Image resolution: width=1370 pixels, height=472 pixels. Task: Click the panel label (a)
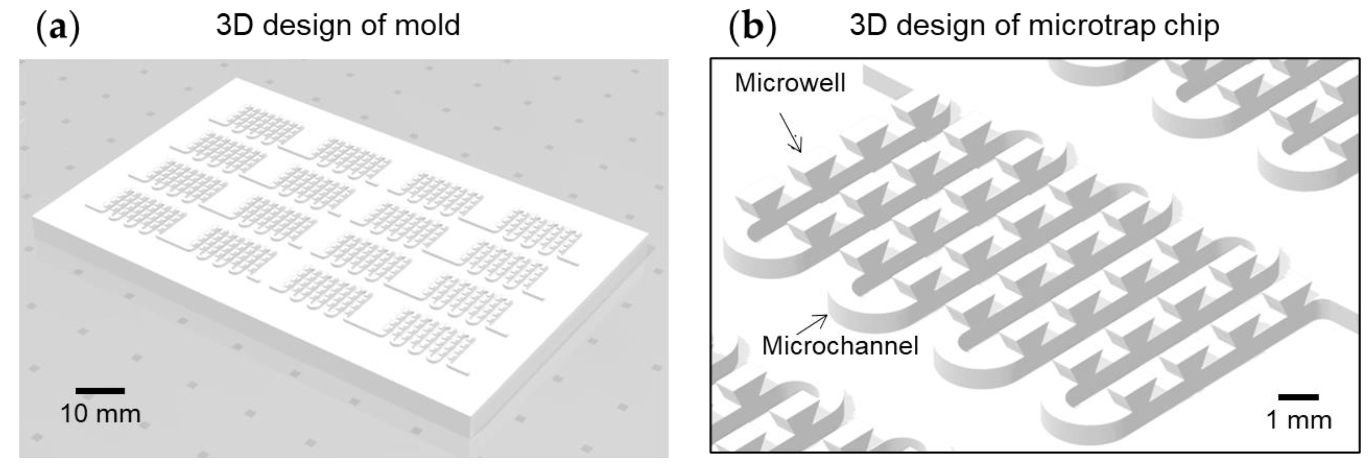click(x=57, y=27)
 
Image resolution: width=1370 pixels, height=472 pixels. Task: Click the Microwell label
click(x=790, y=83)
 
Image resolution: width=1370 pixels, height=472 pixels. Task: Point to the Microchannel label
click(x=840, y=346)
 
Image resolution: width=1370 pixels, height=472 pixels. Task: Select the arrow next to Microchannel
click(x=813, y=324)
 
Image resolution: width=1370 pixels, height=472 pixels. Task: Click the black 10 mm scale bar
click(x=100, y=391)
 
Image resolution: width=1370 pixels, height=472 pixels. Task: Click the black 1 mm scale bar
click(x=1298, y=397)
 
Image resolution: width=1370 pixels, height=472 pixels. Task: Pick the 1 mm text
click(x=1299, y=420)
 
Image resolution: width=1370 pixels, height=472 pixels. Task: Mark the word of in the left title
click(x=373, y=26)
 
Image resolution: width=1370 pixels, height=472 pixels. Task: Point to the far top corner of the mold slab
click(x=235, y=79)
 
